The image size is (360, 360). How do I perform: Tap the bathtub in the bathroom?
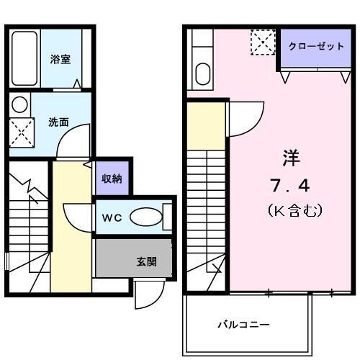[x=25, y=59]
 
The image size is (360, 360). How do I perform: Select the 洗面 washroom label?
[x=59, y=122]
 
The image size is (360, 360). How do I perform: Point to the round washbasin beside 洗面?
[x=20, y=104]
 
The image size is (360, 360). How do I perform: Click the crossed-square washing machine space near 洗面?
[x=20, y=132]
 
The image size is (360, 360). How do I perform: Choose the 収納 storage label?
[x=111, y=179]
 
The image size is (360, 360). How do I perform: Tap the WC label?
[x=112, y=217]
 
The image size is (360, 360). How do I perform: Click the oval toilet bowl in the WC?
[x=148, y=216]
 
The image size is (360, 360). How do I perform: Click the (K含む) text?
[x=294, y=211]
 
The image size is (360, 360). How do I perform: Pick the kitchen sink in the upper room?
[x=202, y=73]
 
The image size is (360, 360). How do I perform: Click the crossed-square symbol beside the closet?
[x=262, y=42]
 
